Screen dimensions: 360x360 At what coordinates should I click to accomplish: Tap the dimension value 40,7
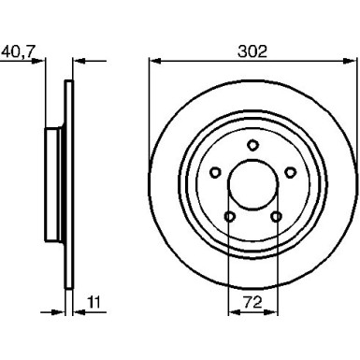click(x=22, y=52)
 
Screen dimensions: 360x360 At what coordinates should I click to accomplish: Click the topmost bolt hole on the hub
click(x=252, y=144)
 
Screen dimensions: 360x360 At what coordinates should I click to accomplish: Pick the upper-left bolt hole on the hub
click(x=214, y=172)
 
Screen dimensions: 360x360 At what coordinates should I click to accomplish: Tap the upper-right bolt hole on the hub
click(x=291, y=172)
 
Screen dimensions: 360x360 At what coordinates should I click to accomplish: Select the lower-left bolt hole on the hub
click(x=229, y=217)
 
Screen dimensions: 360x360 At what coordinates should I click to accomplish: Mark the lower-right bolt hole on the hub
click(x=276, y=217)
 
